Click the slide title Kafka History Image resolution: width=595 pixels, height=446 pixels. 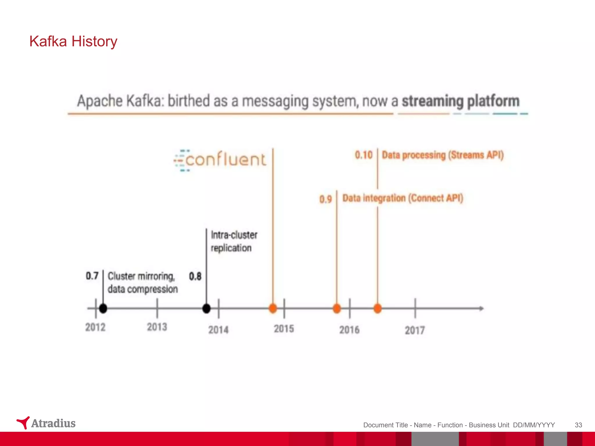[73, 41]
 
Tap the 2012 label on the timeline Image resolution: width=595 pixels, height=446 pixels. [95, 327]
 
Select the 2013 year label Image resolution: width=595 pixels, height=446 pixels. [157, 327]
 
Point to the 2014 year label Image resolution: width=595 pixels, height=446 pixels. [218, 330]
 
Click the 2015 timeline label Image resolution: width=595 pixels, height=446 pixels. [284, 329]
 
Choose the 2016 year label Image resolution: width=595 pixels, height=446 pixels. [349, 330]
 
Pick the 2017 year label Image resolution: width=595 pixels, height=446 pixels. [415, 330]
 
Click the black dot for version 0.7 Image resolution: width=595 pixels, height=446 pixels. [103, 308]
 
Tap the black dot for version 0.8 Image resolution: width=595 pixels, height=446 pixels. [206, 308]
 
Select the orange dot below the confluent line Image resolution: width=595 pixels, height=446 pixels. [273, 308]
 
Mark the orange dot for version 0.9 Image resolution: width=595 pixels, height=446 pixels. [337, 308]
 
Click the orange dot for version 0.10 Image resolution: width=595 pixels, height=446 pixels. [377, 308]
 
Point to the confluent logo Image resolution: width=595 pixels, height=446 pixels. [220, 160]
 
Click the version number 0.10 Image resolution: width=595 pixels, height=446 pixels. [363, 155]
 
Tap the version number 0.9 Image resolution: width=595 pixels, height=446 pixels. [325, 199]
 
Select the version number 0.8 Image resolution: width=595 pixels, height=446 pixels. [195, 276]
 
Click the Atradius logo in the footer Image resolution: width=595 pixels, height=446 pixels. [46, 423]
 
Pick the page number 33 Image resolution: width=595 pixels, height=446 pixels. [578, 425]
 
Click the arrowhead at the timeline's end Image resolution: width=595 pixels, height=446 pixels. [481, 308]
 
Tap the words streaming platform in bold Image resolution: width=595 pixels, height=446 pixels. [460, 101]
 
